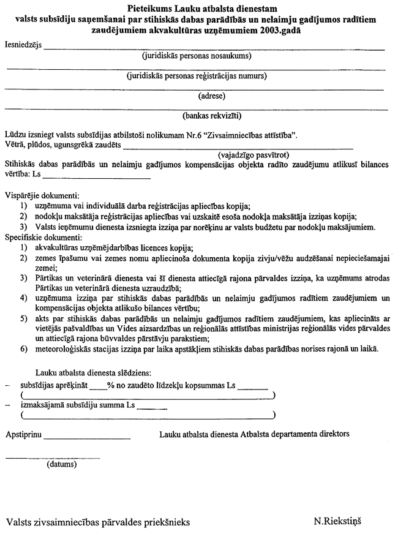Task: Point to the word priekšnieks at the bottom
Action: pyautogui.click(x=164, y=522)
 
